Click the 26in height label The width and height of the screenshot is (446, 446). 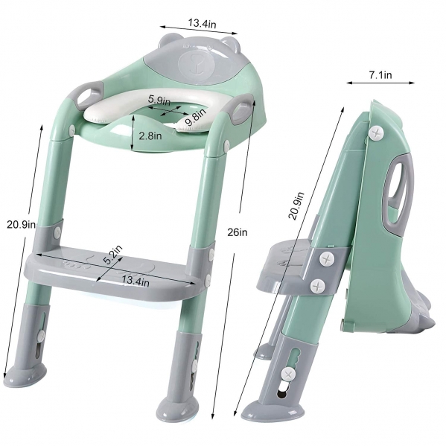point(238,232)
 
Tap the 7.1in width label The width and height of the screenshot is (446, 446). point(380,74)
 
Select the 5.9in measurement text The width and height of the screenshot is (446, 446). point(159,100)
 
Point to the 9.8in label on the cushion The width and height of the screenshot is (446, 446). point(195,117)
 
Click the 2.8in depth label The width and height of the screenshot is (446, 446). point(150,136)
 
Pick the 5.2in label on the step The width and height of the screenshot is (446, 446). point(112,255)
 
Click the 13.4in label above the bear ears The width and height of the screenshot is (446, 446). point(202,23)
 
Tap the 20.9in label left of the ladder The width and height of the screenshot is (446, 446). point(22,225)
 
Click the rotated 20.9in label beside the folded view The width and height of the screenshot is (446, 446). point(296,206)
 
